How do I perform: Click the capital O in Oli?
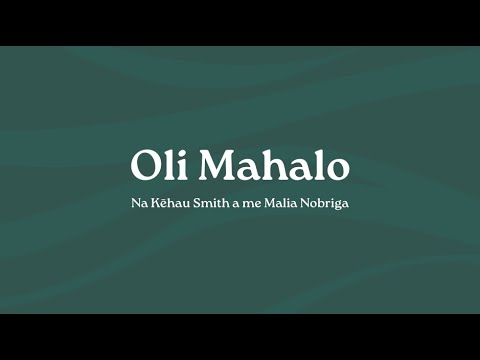pyautogui.click(x=146, y=166)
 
